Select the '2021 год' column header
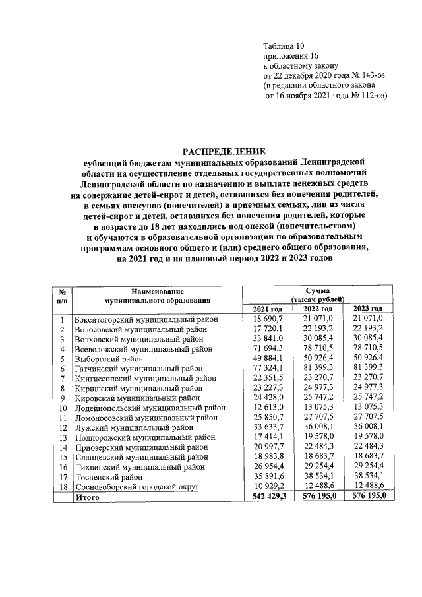pos(268,309)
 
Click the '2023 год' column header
pos(368,309)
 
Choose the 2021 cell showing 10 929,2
pos(267,487)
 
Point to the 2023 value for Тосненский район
pos(368,477)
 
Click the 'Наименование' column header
pos(157,291)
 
